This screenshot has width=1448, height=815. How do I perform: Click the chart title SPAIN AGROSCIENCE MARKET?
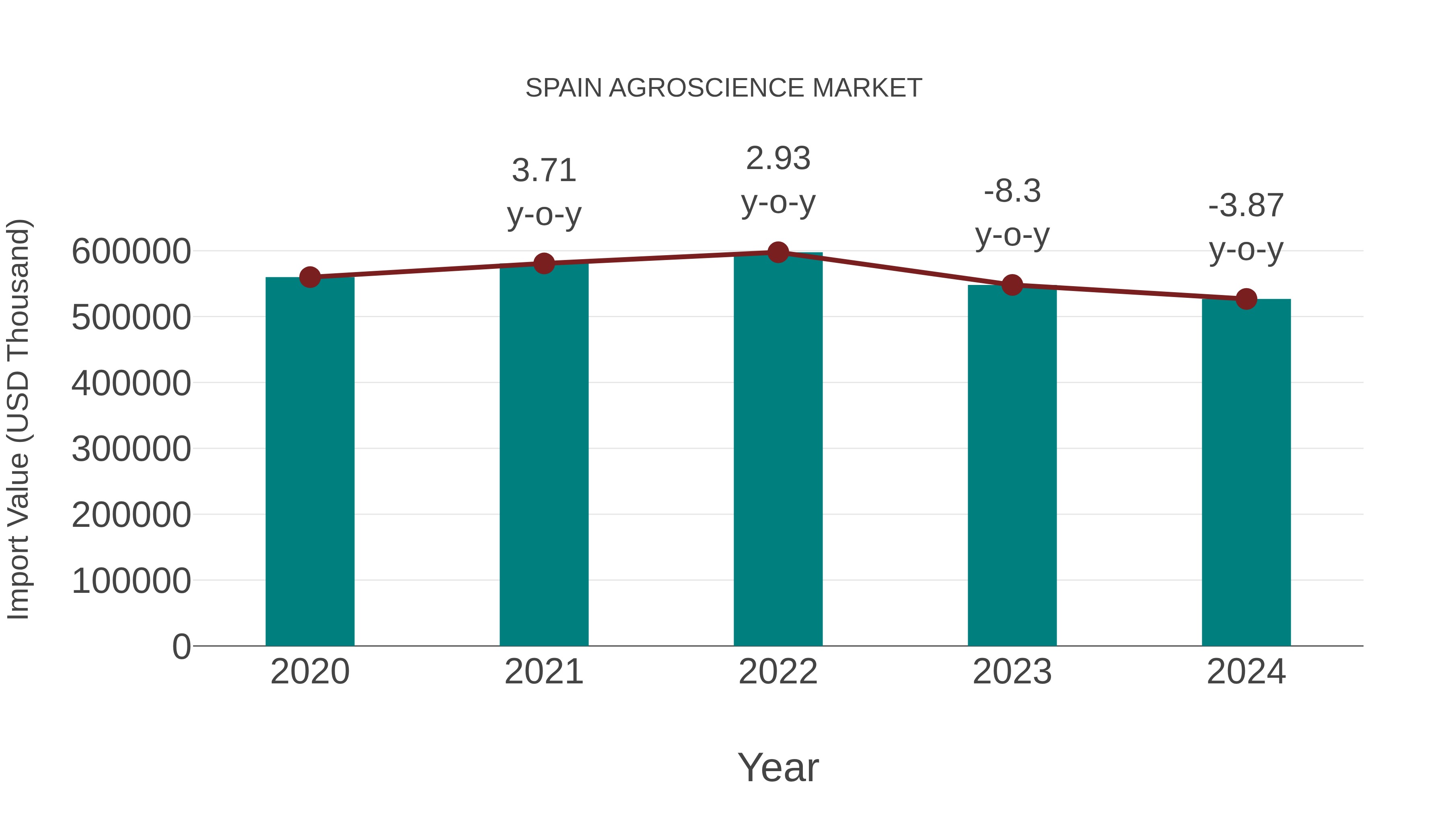pos(724,88)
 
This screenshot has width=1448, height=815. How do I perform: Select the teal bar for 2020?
pos(310,461)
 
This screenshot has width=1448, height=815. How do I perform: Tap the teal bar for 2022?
pos(778,450)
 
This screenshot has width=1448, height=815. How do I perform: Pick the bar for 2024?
pos(1246,472)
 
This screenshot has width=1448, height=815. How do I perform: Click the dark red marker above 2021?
pos(543,263)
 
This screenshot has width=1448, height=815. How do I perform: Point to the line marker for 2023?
pos(1012,285)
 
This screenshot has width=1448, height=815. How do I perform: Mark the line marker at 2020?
pos(310,277)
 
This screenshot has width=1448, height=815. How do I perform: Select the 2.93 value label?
pos(778,159)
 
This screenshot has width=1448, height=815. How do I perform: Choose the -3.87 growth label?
pos(1246,205)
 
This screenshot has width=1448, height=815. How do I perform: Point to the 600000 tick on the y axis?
pos(131,252)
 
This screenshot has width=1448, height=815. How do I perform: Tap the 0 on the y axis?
pos(181,647)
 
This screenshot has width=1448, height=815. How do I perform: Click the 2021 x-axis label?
pos(543,672)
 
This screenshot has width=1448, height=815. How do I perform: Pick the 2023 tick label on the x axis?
pos(1012,672)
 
